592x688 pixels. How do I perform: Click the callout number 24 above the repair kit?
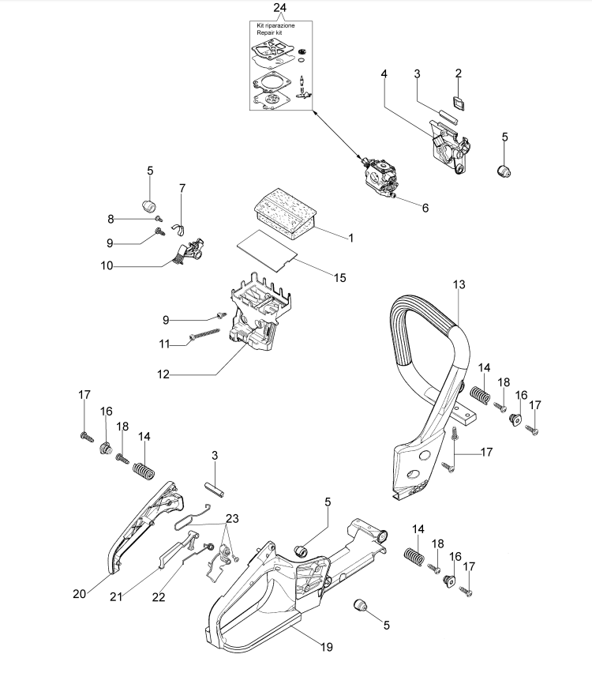pos(279,8)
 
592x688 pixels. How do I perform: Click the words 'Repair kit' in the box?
pos(269,32)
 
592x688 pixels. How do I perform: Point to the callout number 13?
pos(459,285)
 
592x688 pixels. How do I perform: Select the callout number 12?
pos(163,374)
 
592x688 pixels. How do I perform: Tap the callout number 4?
pos(384,73)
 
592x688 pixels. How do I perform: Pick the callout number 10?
pos(107,265)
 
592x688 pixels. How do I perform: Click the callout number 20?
pos(80,594)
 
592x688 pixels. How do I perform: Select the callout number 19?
pos(327,647)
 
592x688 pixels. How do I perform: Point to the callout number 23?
pos(232,518)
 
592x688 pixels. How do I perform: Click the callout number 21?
pos(116,596)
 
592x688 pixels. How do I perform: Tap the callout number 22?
pos(159,596)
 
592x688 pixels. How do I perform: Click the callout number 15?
pos(340,278)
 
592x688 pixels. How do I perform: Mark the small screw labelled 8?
pos(159,219)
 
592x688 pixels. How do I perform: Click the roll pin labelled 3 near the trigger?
pos(215,490)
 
